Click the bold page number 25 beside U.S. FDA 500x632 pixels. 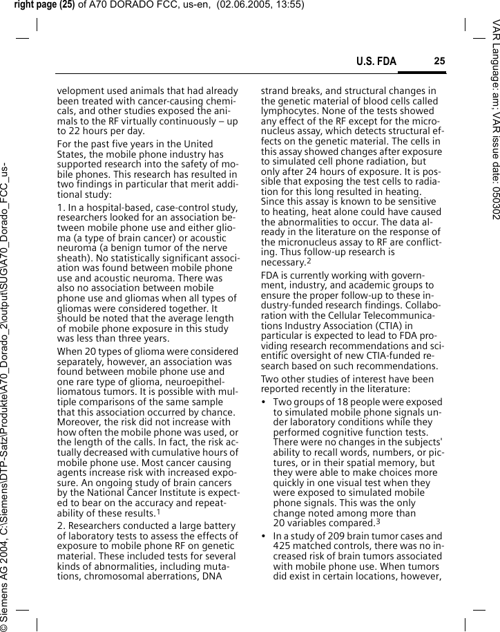coord(439,62)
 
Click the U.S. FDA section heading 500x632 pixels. coord(376,62)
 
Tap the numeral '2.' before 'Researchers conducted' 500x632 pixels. coord(61,526)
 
